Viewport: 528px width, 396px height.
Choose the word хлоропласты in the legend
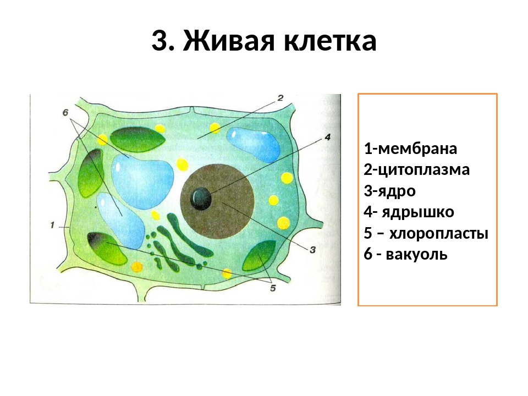(439, 234)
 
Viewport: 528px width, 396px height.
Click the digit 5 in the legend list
(369, 234)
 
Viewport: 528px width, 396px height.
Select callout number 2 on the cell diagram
(280, 98)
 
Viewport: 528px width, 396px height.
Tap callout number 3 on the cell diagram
(312, 250)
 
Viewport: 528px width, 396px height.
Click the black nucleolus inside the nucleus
(201, 197)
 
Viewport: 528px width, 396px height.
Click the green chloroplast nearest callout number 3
(259, 255)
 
